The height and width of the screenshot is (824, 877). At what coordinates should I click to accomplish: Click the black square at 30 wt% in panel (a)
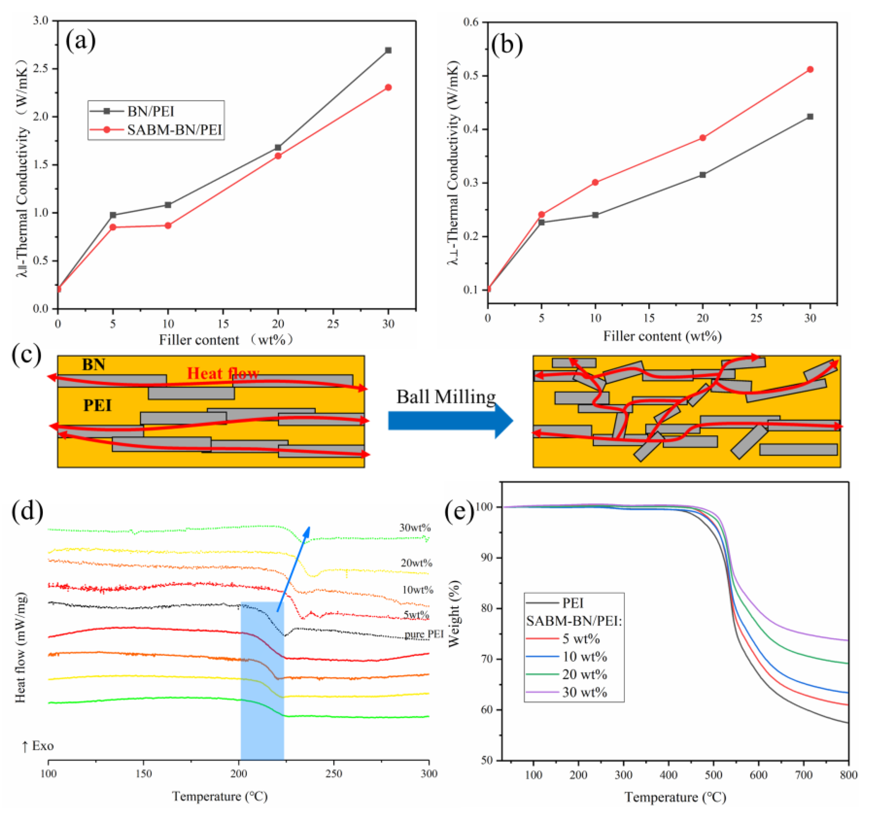tap(388, 50)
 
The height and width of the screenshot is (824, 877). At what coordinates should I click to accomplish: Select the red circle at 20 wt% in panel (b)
tap(703, 137)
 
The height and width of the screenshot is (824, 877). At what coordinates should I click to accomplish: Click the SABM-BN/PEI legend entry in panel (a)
tap(174, 130)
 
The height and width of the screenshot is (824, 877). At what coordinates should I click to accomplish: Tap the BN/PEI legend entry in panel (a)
tap(151, 111)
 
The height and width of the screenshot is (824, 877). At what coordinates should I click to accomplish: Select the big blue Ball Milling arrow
tap(450, 420)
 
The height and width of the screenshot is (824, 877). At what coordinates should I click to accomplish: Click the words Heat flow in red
tap(223, 374)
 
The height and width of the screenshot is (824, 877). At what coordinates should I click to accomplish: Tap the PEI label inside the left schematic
tap(97, 405)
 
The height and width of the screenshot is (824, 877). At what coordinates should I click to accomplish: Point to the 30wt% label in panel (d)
tap(415, 528)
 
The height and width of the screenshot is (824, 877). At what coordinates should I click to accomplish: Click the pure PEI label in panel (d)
tap(424, 634)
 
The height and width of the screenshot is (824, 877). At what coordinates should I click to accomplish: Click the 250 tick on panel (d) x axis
tap(334, 773)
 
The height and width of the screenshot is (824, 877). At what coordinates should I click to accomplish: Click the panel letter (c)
tap(27, 355)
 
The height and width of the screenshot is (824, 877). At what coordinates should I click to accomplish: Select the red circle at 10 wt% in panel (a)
tap(168, 225)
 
